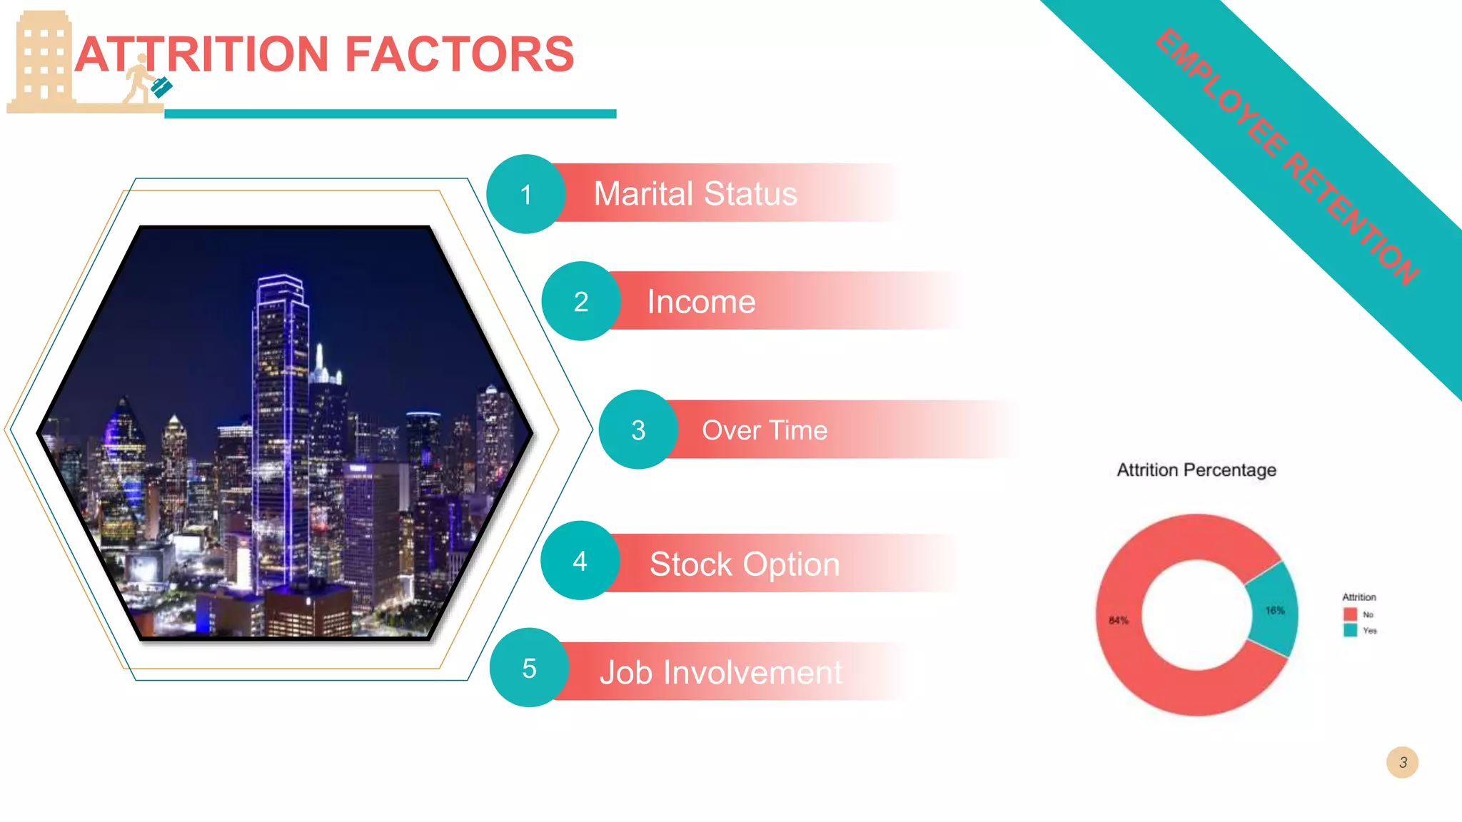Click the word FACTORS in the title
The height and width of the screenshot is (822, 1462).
(x=460, y=55)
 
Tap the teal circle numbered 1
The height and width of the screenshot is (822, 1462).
(x=526, y=194)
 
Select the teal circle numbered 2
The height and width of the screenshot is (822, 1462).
(x=581, y=301)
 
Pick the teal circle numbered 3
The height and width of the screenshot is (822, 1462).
(x=638, y=430)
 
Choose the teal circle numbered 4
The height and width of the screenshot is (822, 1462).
(x=580, y=561)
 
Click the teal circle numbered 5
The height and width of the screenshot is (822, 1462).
(x=529, y=668)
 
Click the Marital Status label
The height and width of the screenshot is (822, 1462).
(x=695, y=194)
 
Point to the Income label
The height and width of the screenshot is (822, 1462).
(x=701, y=302)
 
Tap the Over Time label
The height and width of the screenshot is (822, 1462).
(x=765, y=430)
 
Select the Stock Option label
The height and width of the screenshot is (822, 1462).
(x=745, y=564)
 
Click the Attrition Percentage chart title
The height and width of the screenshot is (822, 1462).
(x=1196, y=470)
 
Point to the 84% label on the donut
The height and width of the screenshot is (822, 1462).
(x=1119, y=620)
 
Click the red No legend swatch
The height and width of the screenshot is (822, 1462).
(x=1350, y=614)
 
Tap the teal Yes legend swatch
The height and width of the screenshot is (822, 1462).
(x=1350, y=630)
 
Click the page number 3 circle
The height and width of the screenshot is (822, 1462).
(x=1402, y=762)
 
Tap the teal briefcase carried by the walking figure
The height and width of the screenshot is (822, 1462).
(x=162, y=88)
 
